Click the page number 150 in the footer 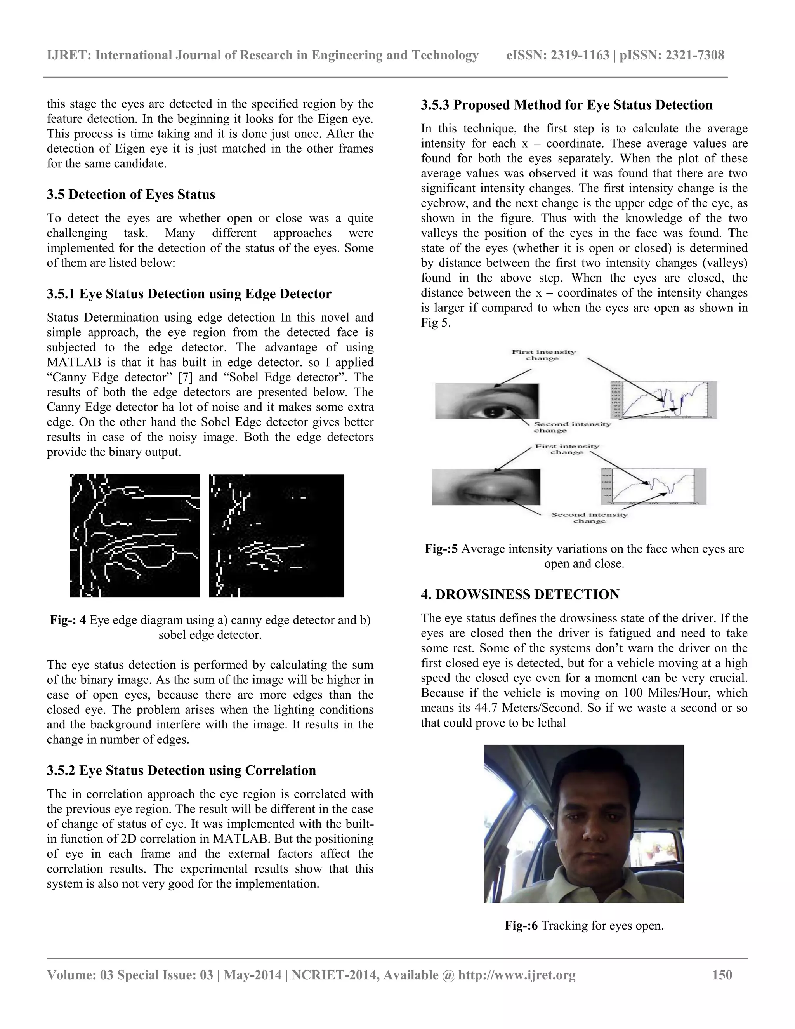coord(722,974)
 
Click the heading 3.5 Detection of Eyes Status coord(130,195)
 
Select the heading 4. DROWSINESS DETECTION coord(520,594)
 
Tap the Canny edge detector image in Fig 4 coord(135,536)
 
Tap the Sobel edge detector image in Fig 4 coord(276,536)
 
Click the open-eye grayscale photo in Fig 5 coord(486,401)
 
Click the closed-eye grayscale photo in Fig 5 coord(486,487)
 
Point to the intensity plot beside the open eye coord(663,400)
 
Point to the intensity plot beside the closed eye coord(653,487)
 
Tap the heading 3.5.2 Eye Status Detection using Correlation coord(181,770)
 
